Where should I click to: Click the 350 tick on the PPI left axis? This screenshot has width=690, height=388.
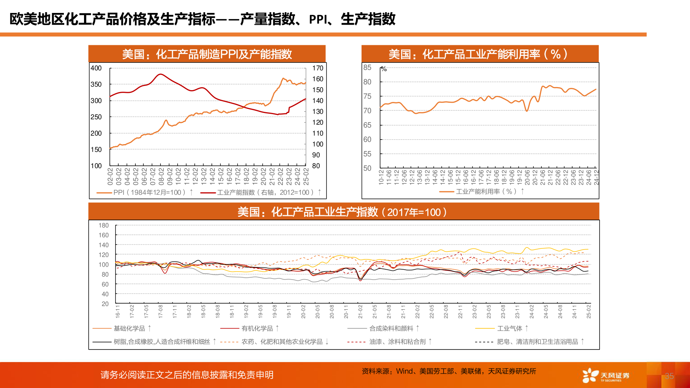[96, 84]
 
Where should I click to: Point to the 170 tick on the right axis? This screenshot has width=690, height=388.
[317, 68]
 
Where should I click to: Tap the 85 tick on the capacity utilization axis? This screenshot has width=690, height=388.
[367, 68]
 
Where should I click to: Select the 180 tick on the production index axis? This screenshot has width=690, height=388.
[103, 226]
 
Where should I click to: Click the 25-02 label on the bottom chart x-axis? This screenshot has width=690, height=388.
[588, 311]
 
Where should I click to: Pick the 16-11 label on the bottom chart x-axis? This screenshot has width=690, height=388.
[117, 311]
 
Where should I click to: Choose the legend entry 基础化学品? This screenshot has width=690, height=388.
[129, 328]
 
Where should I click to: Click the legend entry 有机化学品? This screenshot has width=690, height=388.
[257, 328]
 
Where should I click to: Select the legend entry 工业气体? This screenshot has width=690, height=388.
[509, 328]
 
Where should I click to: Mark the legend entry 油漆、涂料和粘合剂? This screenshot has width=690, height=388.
[397, 342]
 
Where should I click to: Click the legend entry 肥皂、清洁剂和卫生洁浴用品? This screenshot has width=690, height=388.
[537, 342]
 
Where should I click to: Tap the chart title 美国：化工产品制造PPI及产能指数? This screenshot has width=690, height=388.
[207, 54]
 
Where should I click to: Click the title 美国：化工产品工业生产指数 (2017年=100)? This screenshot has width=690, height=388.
[342, 212]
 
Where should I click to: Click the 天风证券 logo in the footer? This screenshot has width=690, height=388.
[606, 375]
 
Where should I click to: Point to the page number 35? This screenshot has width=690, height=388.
[669, 376]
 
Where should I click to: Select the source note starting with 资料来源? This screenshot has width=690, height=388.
[449, 371]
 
